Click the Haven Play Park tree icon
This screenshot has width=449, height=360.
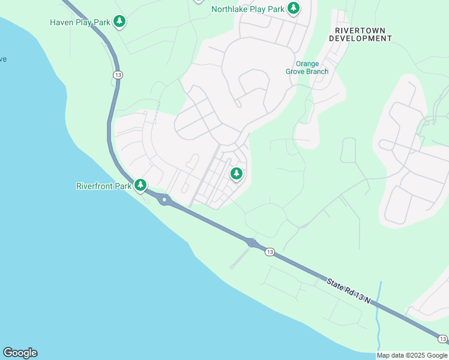pos(120,22)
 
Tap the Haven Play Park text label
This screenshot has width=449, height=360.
pos(80,22)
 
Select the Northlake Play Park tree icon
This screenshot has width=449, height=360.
pos(293,8)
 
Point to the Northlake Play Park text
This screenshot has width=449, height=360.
pos(247,9)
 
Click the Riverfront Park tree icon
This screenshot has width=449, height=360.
pos(140,185)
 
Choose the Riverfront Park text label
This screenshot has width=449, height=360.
pos(104,186)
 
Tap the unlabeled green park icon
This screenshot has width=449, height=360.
pos(237,174)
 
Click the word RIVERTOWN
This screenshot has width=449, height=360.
pos(360,30)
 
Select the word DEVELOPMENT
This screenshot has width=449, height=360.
pos(360,38)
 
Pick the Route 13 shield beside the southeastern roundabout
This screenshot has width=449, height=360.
pos(270,252)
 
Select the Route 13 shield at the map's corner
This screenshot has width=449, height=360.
pos(442,339)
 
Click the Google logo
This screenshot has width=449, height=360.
pos(20,353)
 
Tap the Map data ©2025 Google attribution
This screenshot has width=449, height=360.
pos(412,355)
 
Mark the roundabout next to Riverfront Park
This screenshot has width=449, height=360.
pos(163,200)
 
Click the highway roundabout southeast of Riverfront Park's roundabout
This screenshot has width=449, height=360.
pos(251,242)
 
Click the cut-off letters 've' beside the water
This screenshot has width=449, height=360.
pos(3,59)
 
